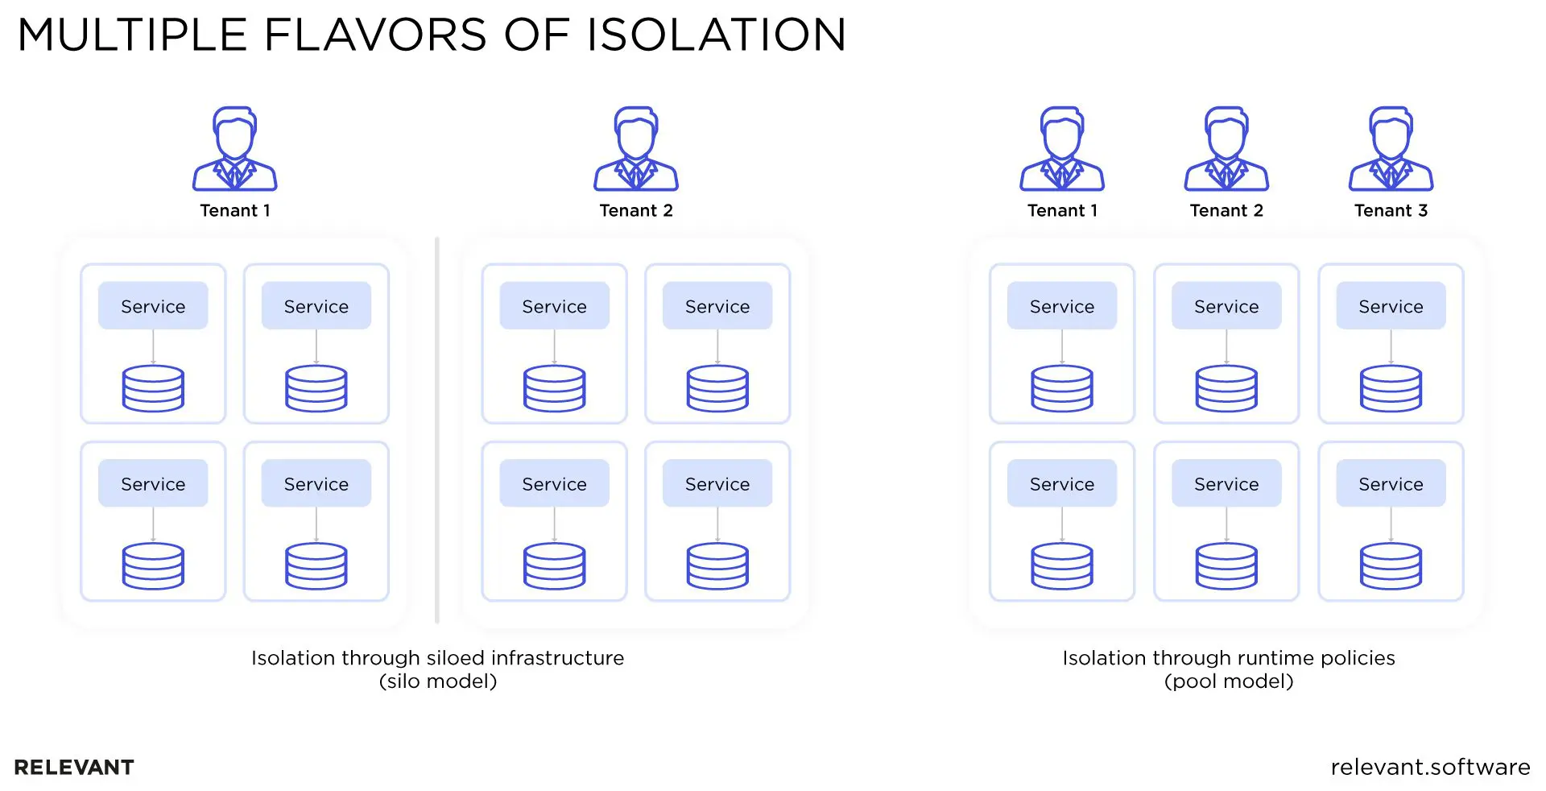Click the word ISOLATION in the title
tap(716, 35)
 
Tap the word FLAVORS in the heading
tap(375, 35)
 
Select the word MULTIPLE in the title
tap(132, 35)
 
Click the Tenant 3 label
tap(1391, 211)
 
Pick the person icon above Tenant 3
tap(1391, 149)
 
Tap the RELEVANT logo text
tap(74, 768)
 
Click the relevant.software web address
tap(1430, 768)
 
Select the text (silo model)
tap(438, 681)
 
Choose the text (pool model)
tap(1229, 681)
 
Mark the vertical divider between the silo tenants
tap(437, 430)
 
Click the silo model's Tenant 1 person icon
tap(234, 149)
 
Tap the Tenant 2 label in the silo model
tap(636, 211)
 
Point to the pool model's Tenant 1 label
tap(1062, 211)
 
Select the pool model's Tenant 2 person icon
tap(1226, 149)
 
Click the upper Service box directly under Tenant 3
tap(1391, 306)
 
